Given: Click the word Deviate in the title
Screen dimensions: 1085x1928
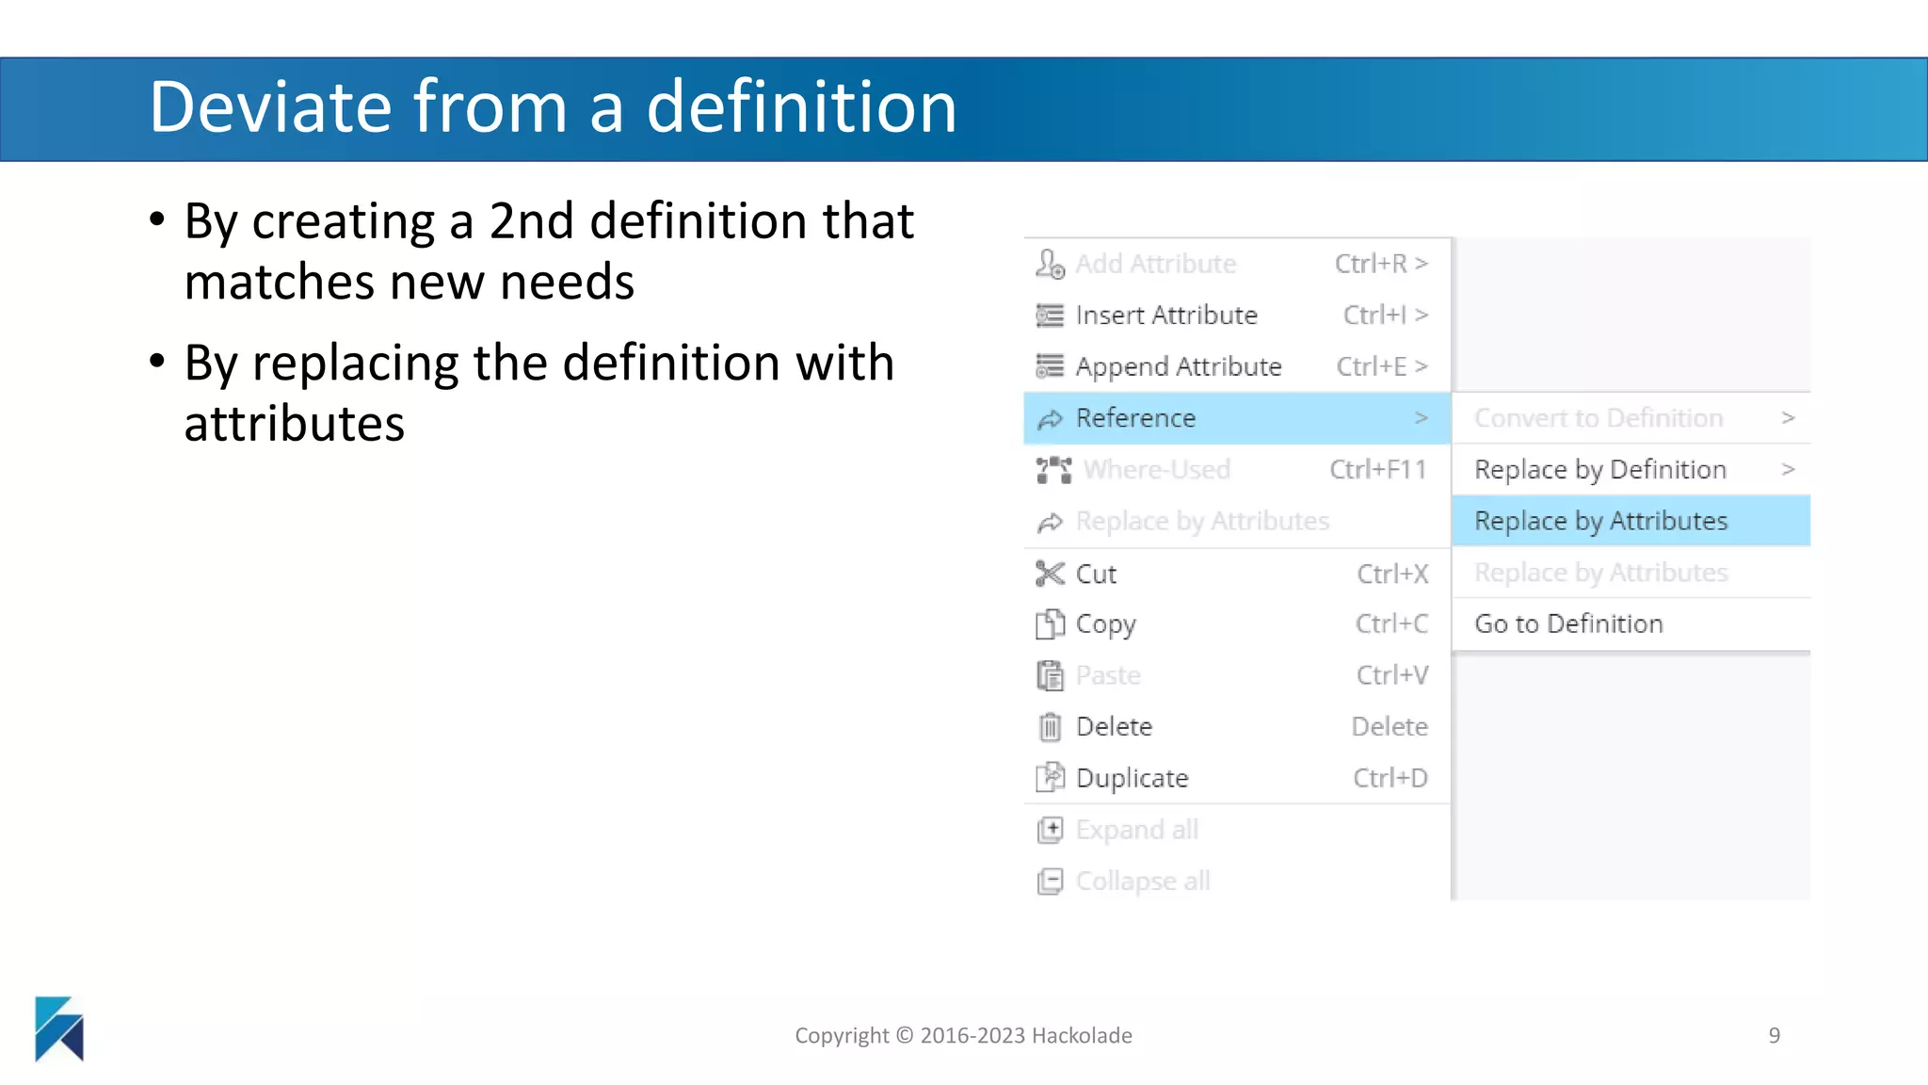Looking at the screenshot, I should click(269, 106).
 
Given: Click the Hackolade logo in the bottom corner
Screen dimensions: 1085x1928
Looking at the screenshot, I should click(59, 1028).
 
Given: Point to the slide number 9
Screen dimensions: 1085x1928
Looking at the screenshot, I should click(1774, 1035).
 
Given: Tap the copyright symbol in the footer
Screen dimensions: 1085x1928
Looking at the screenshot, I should click(904, 1035).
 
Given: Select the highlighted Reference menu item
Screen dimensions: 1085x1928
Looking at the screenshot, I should click(1135, 418).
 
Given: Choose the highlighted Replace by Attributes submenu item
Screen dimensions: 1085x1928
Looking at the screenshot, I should click(1600, 521).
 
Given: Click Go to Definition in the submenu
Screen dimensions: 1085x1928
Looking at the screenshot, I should click(1568, 623).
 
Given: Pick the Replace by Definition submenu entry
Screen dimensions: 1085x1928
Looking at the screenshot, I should click(1599, 469).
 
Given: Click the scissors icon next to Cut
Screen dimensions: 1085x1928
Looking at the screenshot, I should click(1050, 573).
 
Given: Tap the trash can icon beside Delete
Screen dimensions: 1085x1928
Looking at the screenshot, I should click(1050, 726).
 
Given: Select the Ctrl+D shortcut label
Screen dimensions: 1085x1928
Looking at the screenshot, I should click(1390, 778).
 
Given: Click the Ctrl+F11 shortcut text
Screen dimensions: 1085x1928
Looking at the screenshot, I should click(1377, 469).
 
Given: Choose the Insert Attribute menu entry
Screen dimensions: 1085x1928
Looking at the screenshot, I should click(1166, 315).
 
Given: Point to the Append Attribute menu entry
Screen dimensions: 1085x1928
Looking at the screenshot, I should click(1178, 366).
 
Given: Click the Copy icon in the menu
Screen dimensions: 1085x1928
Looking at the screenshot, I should click(1050, 623).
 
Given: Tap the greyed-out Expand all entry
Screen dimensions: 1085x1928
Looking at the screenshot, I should click(1136, 830).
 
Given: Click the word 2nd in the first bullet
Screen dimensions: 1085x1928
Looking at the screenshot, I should click(531, 221).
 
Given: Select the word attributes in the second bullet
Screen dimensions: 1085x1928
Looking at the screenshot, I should click(295, 424).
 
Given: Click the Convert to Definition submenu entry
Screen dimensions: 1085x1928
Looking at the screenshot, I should click(1599, 418).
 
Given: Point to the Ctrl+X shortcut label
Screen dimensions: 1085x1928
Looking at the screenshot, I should click(1392, 574).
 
